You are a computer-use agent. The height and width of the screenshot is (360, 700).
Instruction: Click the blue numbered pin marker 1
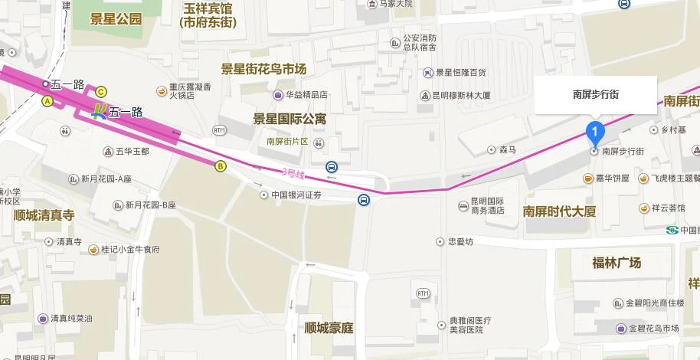coord(594,131)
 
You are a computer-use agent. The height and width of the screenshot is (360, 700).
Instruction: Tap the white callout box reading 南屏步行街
coord(596,95)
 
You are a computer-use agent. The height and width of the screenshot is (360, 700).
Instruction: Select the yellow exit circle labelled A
coord(47,101)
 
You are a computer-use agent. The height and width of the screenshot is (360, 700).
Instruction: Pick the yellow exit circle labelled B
coord(221,165)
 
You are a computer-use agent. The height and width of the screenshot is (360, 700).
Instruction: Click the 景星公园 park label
coord(116,19)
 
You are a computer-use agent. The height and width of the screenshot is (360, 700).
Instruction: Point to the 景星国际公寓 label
coord(289,119)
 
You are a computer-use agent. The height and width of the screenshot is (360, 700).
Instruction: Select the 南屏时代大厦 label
coord(559,211)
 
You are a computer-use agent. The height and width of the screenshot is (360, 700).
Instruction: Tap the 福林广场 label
coord(617,263)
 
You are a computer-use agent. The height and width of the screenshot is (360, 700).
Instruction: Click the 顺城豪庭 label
coord(329,328)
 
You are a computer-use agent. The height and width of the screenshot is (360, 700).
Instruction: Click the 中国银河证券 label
coord(296,195)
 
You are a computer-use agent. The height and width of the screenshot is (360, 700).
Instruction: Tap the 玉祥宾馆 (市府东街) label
coord(208,15)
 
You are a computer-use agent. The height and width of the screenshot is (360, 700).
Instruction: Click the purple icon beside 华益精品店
coord(277,95)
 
